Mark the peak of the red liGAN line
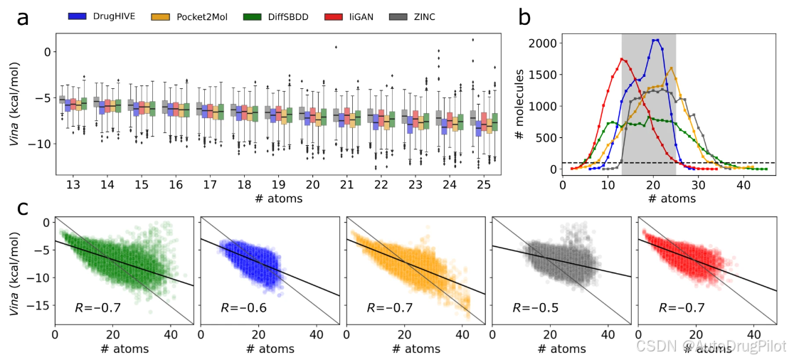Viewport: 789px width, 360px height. (622, 59)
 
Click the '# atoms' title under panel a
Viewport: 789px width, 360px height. (277, 198)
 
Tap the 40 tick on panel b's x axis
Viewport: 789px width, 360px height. (742, 184)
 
